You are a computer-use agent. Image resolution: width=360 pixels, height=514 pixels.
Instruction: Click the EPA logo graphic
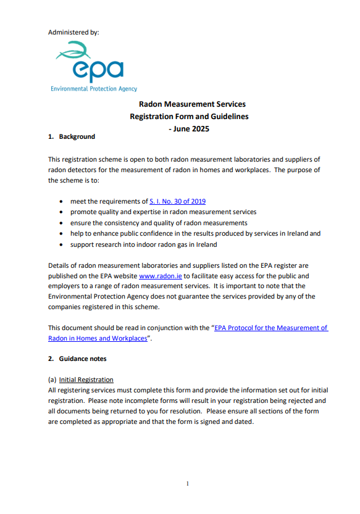coord(90,62)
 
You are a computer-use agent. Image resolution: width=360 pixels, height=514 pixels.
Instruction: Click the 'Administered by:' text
coord(73,31)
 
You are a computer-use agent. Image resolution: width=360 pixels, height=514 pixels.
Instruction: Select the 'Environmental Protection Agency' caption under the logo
coord(94,89)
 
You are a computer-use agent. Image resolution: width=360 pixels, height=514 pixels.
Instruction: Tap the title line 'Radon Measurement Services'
coord(192,104)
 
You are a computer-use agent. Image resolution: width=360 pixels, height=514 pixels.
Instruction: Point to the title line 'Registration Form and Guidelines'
coord(189,117)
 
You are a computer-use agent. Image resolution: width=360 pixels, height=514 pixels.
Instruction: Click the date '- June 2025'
coord(189,129)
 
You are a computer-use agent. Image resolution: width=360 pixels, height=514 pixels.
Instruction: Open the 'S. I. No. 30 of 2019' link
coord(177,201)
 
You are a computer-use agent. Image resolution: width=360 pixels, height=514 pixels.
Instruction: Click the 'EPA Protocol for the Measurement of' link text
coord(271,328)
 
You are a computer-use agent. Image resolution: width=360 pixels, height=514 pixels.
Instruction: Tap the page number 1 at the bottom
coord(187,484)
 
